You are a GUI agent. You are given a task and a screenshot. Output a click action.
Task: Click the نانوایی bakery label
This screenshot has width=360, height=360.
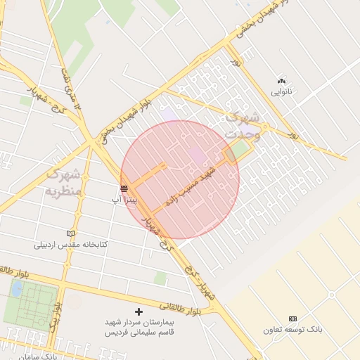coord(282,92)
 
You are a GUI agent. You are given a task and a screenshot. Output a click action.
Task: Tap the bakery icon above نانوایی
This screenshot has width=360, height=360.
coord(282,81)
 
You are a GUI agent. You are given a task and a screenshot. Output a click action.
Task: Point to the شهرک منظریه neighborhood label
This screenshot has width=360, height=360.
coord(64,181)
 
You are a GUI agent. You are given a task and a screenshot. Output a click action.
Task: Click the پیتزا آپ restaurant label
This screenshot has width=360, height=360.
coord(130,200)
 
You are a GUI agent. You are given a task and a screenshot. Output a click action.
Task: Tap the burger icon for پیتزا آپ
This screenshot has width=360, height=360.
coord(124,188)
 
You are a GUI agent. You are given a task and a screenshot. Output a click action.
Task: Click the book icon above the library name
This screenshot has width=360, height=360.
coord(70,233)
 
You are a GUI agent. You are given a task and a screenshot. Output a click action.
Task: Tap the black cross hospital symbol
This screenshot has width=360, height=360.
coord(138,311)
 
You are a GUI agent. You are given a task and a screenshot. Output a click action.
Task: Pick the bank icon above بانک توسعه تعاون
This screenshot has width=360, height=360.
coord(292,319)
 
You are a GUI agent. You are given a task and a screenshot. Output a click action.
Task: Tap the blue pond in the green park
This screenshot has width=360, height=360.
coord(15,288)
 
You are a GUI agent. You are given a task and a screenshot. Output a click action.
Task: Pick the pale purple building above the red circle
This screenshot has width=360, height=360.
coord(169,112)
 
